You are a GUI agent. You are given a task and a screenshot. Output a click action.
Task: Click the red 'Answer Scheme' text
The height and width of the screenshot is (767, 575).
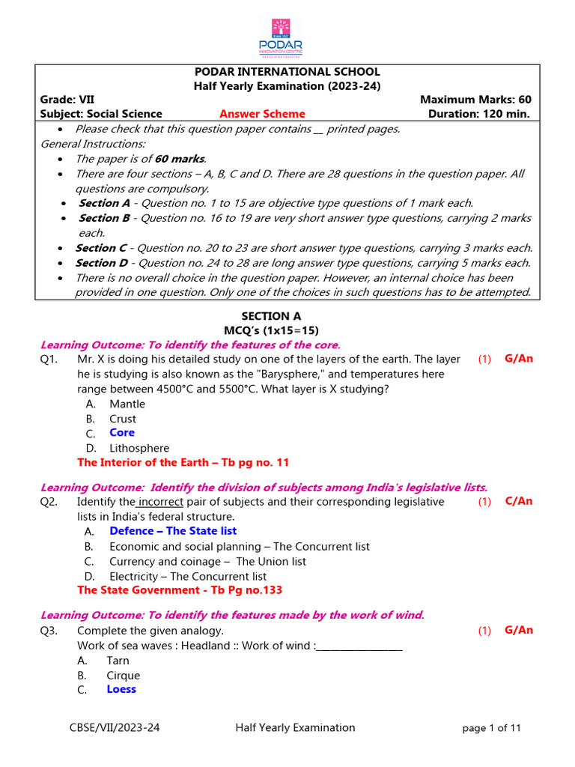tap(262, 114)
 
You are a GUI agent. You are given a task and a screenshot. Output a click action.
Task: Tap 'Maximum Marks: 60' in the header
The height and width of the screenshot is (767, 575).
tap(475, 100)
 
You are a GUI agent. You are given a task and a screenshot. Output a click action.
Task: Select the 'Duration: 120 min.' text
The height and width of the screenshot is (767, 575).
tap(479, 114)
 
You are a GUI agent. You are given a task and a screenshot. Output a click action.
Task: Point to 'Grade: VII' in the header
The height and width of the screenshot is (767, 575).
tap(67, 100)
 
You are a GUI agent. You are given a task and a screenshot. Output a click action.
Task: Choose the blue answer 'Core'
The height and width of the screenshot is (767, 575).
tap(122, 433)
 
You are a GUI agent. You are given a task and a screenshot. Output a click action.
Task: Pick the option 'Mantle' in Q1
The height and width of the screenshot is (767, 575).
tap(127, 404)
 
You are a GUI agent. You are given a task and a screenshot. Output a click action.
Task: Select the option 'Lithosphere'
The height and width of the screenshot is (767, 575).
tap(139, 448)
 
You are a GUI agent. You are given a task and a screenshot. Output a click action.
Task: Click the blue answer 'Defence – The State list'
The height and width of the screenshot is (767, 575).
tap(173, 531)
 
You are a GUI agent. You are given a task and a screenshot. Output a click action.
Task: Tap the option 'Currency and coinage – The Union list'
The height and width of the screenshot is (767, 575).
tap(207, 561)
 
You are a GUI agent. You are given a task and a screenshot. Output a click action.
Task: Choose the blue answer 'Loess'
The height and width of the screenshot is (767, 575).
tap(121, 689)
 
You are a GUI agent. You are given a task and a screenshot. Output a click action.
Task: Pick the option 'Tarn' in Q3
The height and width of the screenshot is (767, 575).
tap(118, 661)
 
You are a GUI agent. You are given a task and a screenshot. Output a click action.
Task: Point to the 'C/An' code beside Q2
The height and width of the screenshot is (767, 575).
tap(519, 501)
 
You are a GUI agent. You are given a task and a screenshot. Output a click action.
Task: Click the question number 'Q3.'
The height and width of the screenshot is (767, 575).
tap(50, 631)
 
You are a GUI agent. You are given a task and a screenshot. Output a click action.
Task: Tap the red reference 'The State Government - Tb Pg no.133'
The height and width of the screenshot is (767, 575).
tap(180, 590)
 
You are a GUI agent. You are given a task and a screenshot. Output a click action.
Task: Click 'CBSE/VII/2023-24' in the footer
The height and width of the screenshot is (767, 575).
tap(115, 727)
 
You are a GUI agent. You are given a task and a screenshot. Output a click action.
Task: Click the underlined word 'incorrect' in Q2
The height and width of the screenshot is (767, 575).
tap(161, 502)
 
